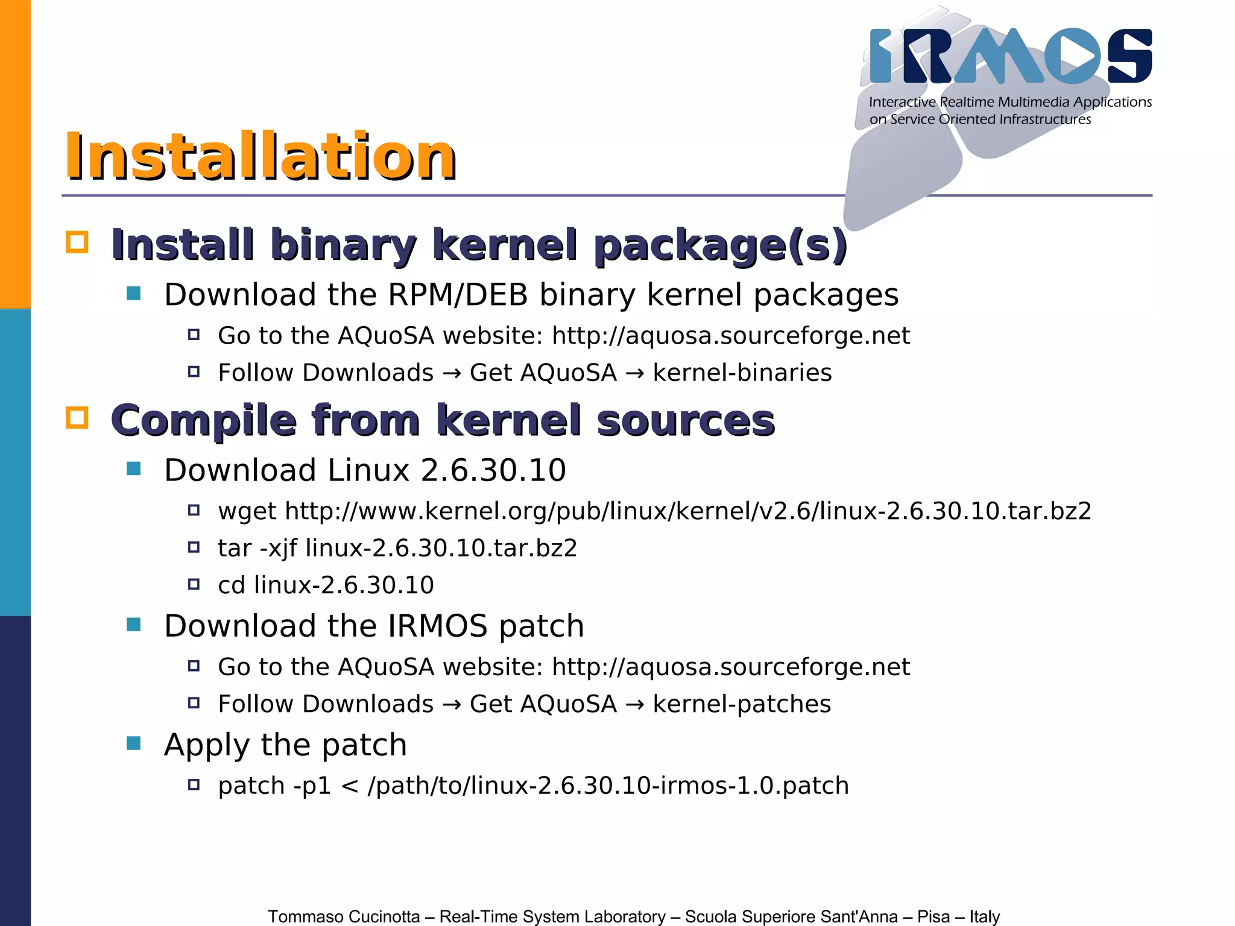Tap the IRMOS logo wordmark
(1010, 56)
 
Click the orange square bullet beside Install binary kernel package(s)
(77, 242)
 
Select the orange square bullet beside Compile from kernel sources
(77, 418)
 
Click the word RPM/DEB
(458, 295)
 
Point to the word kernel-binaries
(742, 373)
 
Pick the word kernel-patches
(742, 704)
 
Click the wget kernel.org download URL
(688, 511)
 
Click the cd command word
(232, 585)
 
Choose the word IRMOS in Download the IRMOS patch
(437, 626)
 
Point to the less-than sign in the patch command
(350, 786)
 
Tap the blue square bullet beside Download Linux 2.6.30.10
(134, 468)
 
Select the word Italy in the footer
(984, 916)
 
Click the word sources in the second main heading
(686, 420)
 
